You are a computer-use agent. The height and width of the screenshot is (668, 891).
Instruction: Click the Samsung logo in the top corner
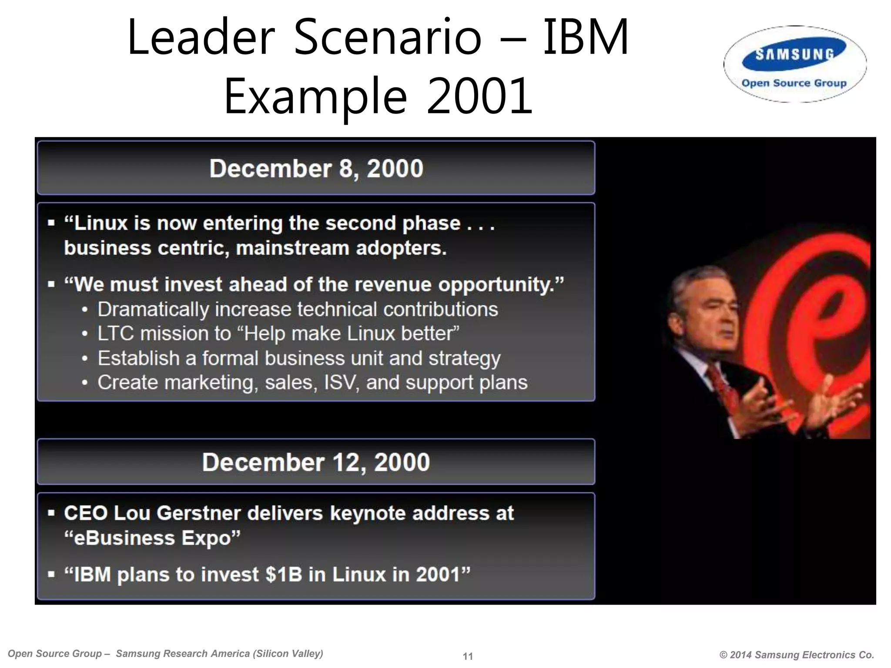point(794,54)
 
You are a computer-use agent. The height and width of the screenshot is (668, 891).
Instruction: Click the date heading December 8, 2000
point(316,168)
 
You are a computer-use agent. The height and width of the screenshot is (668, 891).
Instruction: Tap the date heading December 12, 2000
point(316,462)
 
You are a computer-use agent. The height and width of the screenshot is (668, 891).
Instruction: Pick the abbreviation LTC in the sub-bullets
point(115,334)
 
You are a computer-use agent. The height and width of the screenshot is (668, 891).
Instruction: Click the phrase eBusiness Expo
point(152,538)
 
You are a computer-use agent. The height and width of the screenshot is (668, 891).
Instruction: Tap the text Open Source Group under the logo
point(794,83)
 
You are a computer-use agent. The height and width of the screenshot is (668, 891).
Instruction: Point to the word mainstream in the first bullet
point(293,248)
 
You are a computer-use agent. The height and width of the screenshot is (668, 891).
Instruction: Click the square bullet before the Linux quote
point(52,224)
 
